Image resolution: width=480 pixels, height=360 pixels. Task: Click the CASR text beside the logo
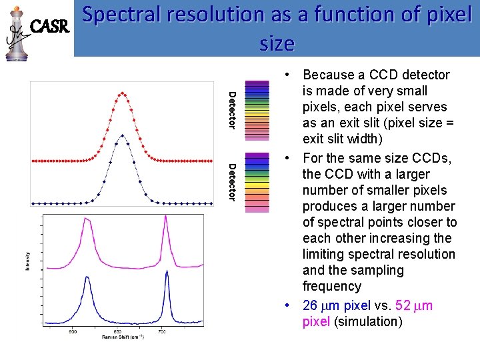pyautogui.click(x=51, y=27)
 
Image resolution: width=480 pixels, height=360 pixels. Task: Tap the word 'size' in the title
pyautogui.click(x=276, y=43)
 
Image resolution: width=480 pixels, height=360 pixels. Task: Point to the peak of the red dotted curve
pyautogui.click(x=122, y=94)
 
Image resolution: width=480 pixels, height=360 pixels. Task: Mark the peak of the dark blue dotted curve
pyautogui.click(x=122, y=136)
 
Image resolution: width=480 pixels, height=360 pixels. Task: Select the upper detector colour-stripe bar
pyautogui.click(x=257, y=111)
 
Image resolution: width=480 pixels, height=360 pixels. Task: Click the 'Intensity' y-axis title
pyautogui.click(x=27, y=260)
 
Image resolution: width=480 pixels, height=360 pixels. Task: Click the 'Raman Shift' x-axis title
pyautogui.click(x=123, y=337)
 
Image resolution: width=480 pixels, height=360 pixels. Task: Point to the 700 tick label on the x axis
pyautogui.click(x=162, y=331)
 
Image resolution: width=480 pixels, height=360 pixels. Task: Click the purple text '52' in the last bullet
pyautogui.click(x=403, y=305)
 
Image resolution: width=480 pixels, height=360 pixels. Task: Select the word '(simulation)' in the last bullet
pyautogui.click(x=368, y=321)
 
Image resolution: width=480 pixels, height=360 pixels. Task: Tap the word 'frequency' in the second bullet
pyautogui.click(x=331, y=286)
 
